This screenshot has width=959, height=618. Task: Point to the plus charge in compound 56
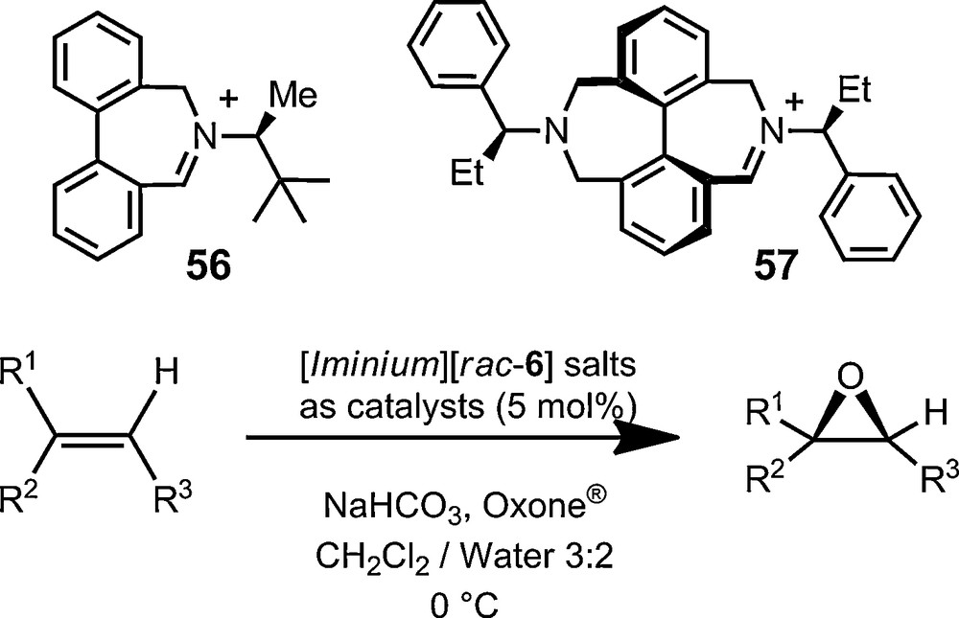point(228,103)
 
